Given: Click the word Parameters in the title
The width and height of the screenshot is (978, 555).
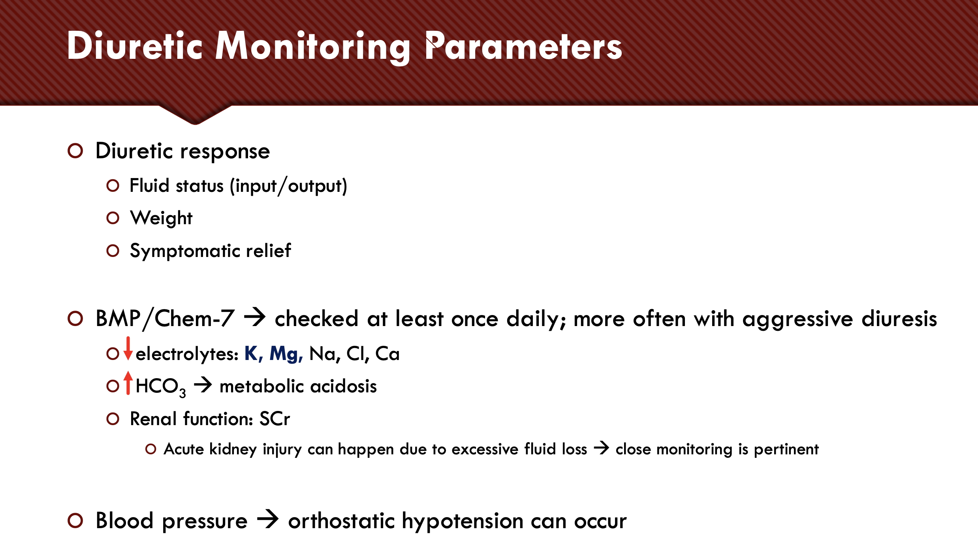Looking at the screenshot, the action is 523,47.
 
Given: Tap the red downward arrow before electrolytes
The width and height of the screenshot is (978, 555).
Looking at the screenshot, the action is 128,349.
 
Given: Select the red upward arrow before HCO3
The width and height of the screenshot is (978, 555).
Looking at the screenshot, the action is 128,383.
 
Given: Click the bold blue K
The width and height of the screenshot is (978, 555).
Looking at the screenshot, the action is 253,354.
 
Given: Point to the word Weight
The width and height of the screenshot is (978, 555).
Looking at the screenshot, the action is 161,218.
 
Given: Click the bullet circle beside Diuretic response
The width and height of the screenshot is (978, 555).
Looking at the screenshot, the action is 75,151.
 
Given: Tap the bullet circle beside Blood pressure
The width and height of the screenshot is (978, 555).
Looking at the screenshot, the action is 75,521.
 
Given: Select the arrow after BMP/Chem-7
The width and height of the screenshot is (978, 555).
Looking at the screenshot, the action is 255,317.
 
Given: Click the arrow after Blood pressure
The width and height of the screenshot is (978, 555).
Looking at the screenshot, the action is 268,519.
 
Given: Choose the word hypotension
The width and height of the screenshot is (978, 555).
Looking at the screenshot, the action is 462,522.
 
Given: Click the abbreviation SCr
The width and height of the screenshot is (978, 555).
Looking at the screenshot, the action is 275,419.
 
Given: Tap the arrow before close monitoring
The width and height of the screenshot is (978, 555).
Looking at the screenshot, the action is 602,448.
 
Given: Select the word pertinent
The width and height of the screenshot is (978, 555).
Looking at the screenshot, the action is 786,450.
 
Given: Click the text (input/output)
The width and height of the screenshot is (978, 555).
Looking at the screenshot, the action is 288,186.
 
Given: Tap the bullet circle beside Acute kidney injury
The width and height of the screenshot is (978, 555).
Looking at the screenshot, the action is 151,449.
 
